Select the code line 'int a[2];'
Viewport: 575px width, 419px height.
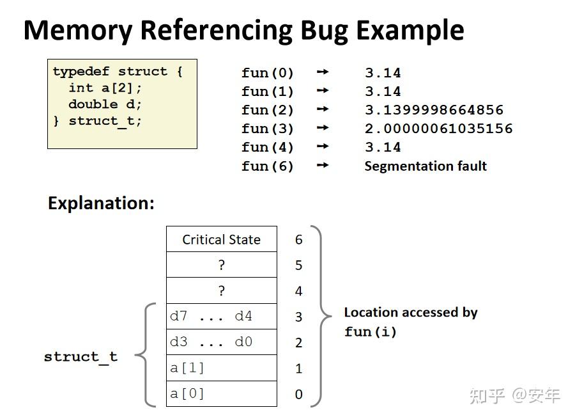[105, 88]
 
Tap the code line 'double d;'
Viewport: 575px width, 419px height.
[105, 104]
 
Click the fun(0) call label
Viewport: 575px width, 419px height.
[268, 73]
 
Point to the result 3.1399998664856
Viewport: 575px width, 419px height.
[434, 110]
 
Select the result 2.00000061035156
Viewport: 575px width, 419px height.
[438, 129]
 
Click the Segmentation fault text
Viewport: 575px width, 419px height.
[425, 166]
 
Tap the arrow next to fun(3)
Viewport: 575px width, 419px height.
[323, 128]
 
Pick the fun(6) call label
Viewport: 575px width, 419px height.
[268, 166]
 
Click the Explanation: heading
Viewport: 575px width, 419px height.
[101, 203]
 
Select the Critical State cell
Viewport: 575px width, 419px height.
[221, 240]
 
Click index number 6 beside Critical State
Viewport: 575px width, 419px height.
[298, 240]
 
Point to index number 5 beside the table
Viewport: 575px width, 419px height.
[298, 265]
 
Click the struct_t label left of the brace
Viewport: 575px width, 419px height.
[80, 356]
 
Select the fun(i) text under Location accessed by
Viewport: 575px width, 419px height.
[371, 331]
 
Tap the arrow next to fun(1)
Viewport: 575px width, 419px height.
[323, 91]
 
